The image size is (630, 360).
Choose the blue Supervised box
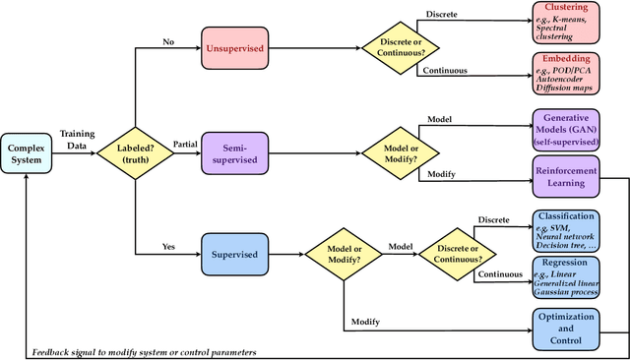tap(235, 254)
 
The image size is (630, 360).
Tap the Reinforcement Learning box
tap(574, 175)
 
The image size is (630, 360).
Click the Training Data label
tap(78, 138)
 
